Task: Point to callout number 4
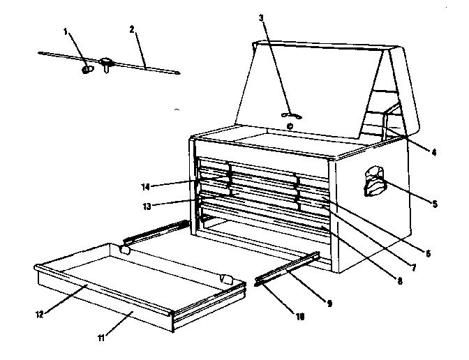pos(433,151)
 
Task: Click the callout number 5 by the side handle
pos(435,204)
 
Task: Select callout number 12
pos(40,314)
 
